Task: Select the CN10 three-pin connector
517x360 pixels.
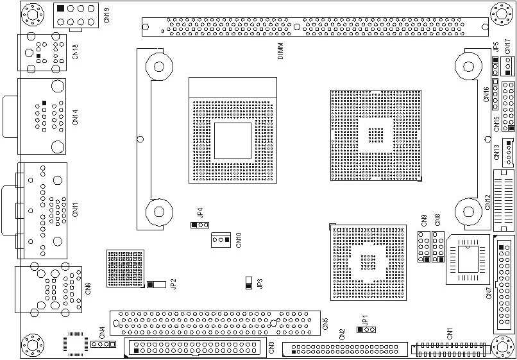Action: point(221,240)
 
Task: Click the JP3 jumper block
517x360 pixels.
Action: point(249,283)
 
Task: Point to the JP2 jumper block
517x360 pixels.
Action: point(157,284)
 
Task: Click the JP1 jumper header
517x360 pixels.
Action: point(366,330)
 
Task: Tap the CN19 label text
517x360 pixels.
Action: point(106,16)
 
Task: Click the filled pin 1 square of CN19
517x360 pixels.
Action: point(60,8)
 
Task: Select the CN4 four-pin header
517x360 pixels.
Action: point(103,345)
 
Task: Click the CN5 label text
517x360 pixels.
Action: point(326,323)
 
